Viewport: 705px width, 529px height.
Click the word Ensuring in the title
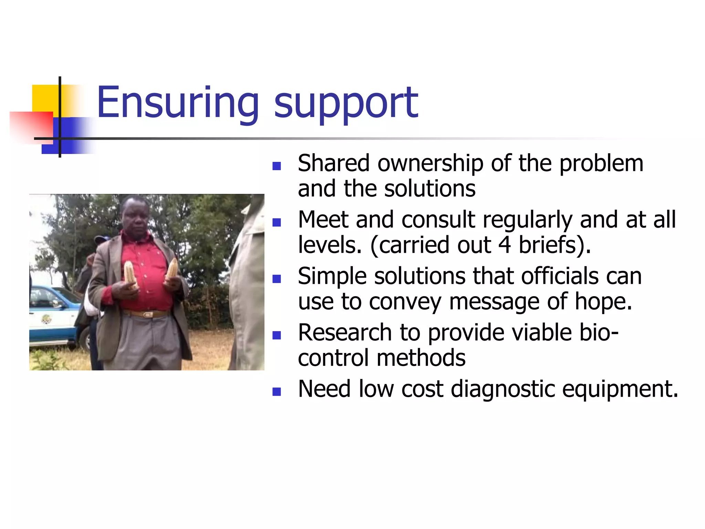point(177,103)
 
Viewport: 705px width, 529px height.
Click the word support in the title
point(346,103)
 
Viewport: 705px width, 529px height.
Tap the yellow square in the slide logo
point(45,98)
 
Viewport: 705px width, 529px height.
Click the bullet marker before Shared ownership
point(276,166)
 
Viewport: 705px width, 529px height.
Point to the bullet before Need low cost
point(276,392)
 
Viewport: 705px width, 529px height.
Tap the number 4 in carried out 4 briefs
point(505,245)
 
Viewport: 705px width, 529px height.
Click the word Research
point(345,333)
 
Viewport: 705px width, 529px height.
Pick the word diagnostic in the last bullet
point(503,389)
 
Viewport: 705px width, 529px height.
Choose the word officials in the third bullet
point(560,276)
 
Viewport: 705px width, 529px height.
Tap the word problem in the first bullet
point(601,163)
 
